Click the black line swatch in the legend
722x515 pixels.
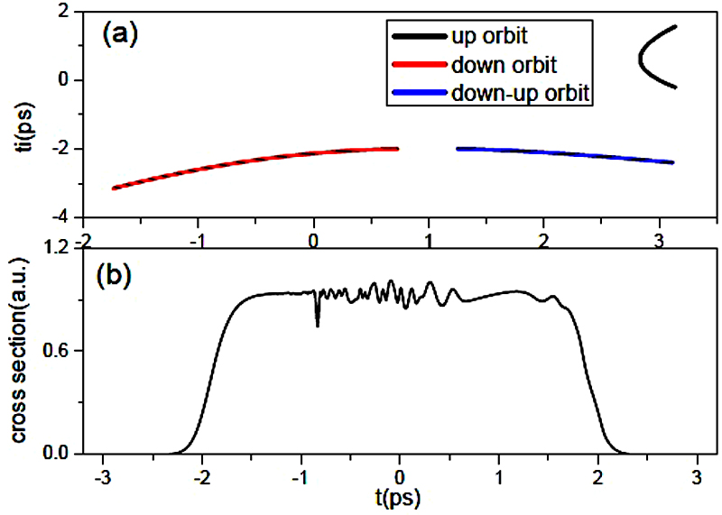[420, 37]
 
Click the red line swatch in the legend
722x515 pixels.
[420, 65]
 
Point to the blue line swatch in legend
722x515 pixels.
[420, 92]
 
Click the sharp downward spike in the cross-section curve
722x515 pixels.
[317, 320]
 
